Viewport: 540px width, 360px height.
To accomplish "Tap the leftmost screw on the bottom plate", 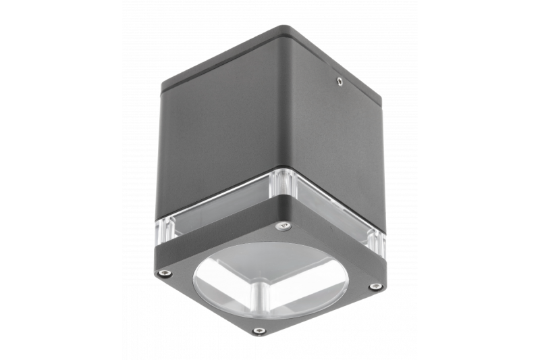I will [165, 274].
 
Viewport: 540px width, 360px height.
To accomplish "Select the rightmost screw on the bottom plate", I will [375, 286].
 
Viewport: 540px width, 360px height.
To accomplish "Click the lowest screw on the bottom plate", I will [258, 331].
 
